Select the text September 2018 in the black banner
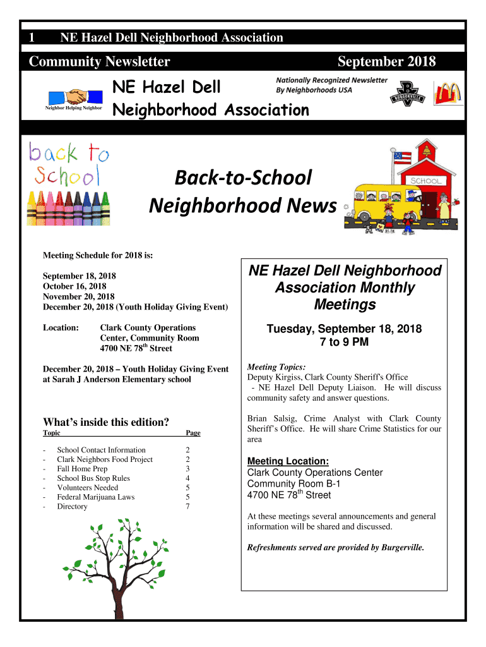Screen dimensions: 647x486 coord(386,61)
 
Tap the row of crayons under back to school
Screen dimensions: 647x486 coord(68,207)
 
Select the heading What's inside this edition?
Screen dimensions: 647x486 coord(106,421)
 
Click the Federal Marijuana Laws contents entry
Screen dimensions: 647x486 coord(96,497)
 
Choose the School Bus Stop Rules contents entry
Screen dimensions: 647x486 coord(93,478)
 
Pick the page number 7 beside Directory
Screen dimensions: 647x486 coord(187,507)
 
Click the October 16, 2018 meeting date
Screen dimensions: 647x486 coord(74,286)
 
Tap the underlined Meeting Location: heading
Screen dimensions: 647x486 coord(288,461)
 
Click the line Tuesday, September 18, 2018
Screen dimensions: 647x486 coord(344,329)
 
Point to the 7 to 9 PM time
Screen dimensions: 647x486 coord(344,342)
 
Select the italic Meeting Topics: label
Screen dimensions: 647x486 coord(276,366)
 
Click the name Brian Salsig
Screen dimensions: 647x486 coord(270,418)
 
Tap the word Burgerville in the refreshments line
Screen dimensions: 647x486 coord(403,547)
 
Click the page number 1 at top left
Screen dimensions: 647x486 coord(32,37)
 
